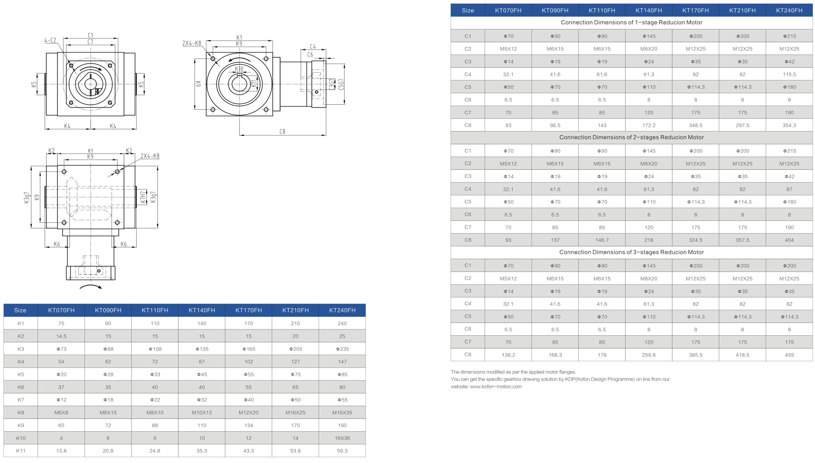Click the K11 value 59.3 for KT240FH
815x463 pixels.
click(342, 451)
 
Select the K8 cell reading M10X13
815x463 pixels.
click(202, 412)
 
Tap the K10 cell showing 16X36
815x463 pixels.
click(342, 438)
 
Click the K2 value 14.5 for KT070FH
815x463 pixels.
click(61, 336)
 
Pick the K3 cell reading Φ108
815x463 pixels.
click(155, 349)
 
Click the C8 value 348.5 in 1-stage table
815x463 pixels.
click(696, 125)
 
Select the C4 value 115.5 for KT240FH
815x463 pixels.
click(789, 74)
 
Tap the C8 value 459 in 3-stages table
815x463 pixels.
click(789, 355)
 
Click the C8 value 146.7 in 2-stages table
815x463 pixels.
click(602, 240)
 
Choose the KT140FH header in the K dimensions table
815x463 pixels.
click(202, 310)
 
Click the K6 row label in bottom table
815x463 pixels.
click(21, 387)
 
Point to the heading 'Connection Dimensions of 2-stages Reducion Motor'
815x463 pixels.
click(631, 137)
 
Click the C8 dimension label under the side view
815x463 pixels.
click(282, 131)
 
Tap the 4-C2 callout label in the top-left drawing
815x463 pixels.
click(50, 40)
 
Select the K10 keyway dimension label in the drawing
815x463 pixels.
click(239, 69)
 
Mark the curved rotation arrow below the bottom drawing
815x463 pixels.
click(91, 287)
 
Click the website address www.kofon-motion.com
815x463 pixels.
click(496, 387)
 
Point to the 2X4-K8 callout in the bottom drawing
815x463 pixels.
click(150, 156)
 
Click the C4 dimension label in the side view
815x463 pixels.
click(313, 47)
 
